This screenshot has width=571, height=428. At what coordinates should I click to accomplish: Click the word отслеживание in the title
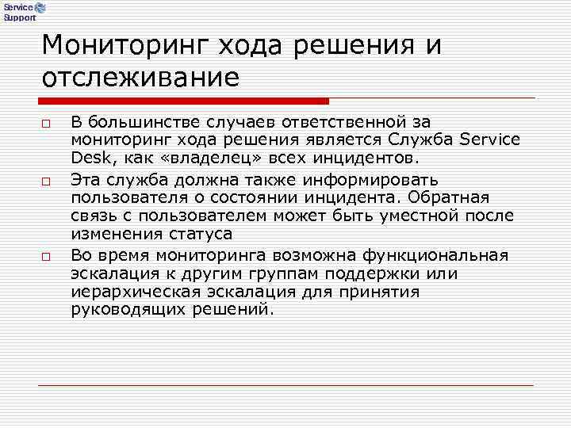click(140, 78)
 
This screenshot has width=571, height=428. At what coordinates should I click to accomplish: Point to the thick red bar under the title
click(183, 101)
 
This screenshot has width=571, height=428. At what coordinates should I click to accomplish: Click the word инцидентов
click(365, 159)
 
